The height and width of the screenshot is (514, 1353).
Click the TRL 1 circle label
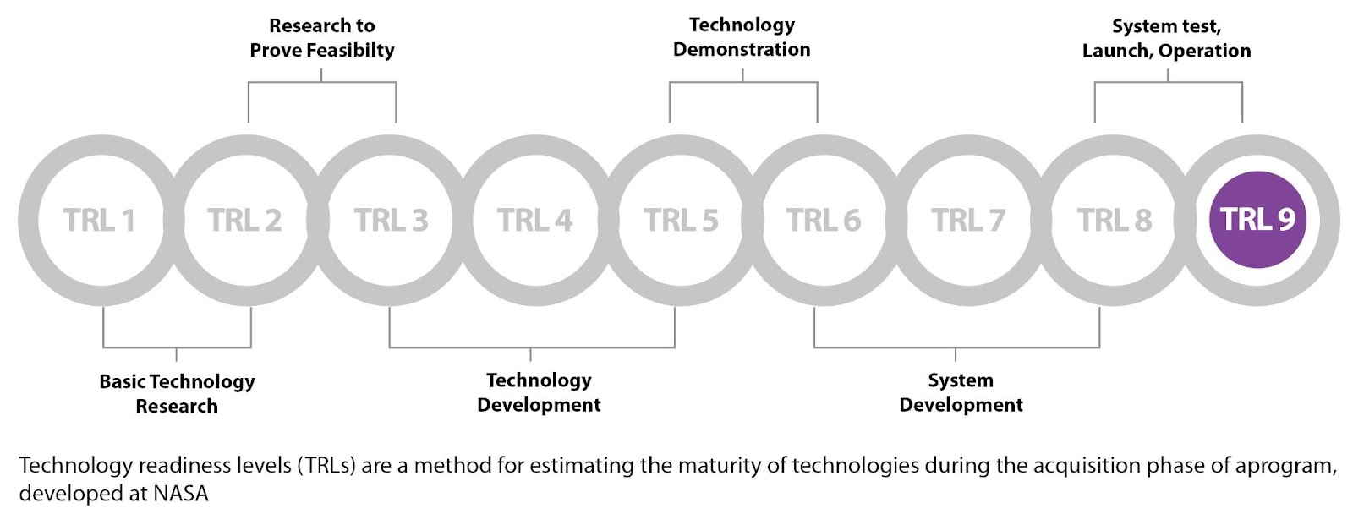(99, 220)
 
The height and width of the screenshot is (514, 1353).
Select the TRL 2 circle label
(244, 220)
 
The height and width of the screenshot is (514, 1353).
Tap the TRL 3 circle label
(391, 220)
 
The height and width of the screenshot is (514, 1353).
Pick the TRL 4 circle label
(534, 220)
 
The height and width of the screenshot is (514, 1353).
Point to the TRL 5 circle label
(681, 220)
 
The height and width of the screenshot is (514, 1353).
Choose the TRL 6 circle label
(824, 220)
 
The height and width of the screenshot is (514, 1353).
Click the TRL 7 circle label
(968, 220)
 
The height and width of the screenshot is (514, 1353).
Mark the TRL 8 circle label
(1115, 220)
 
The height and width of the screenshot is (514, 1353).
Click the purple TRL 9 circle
(1257, 220)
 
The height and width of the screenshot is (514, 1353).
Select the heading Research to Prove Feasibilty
(322, 38)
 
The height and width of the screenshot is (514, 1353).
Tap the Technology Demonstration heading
(742, 37)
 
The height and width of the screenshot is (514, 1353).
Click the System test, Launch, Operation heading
(1166, 39)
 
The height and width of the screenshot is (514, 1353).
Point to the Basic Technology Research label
(177, 393)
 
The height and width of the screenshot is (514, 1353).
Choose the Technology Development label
(539, 392)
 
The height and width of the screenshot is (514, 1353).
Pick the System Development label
(961, 392)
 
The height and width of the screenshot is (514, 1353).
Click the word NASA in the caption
(181, 494)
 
